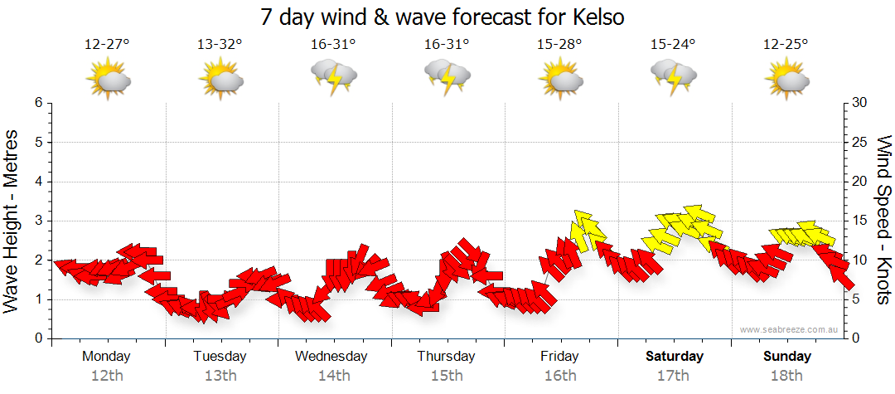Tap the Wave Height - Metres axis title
12,221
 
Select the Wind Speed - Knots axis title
883,220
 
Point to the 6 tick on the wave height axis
37,103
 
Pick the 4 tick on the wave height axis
37,182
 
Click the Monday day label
107,356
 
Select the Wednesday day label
331,356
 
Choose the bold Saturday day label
675,356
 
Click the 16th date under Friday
560,375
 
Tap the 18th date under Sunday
787,375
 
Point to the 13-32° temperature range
220,45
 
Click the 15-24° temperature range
673,45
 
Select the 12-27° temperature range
107,45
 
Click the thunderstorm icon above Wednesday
334,78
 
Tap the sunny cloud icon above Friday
560,80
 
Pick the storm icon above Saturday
674,78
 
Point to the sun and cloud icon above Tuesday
220,80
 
